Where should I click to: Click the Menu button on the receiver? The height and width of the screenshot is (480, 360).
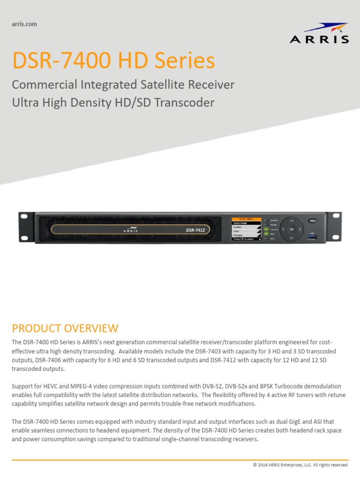[312, 220]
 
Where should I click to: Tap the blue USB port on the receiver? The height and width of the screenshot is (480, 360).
[312, 238]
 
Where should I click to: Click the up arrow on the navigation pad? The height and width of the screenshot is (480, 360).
[291, 220]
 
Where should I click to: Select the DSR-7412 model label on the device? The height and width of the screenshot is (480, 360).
[195, 230]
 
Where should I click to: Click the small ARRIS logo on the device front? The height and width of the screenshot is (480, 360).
[131, 230]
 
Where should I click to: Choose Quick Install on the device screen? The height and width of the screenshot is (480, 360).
[240, 223]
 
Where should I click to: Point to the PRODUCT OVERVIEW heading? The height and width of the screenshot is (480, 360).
[65, 328]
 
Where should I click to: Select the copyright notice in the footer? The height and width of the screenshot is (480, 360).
[300, 465]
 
